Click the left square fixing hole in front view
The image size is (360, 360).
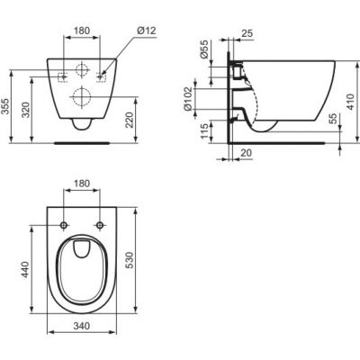tap(62, 76)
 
